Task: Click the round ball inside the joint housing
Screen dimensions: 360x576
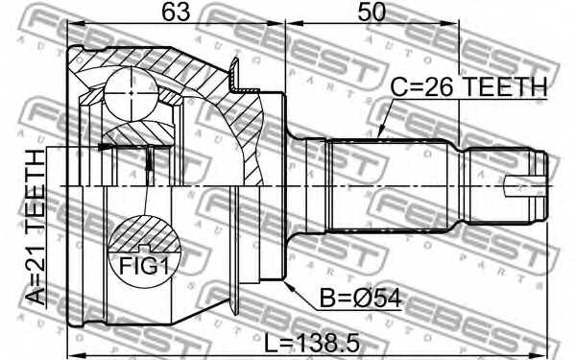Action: (130, 92)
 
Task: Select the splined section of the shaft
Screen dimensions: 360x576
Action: (388, 185)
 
